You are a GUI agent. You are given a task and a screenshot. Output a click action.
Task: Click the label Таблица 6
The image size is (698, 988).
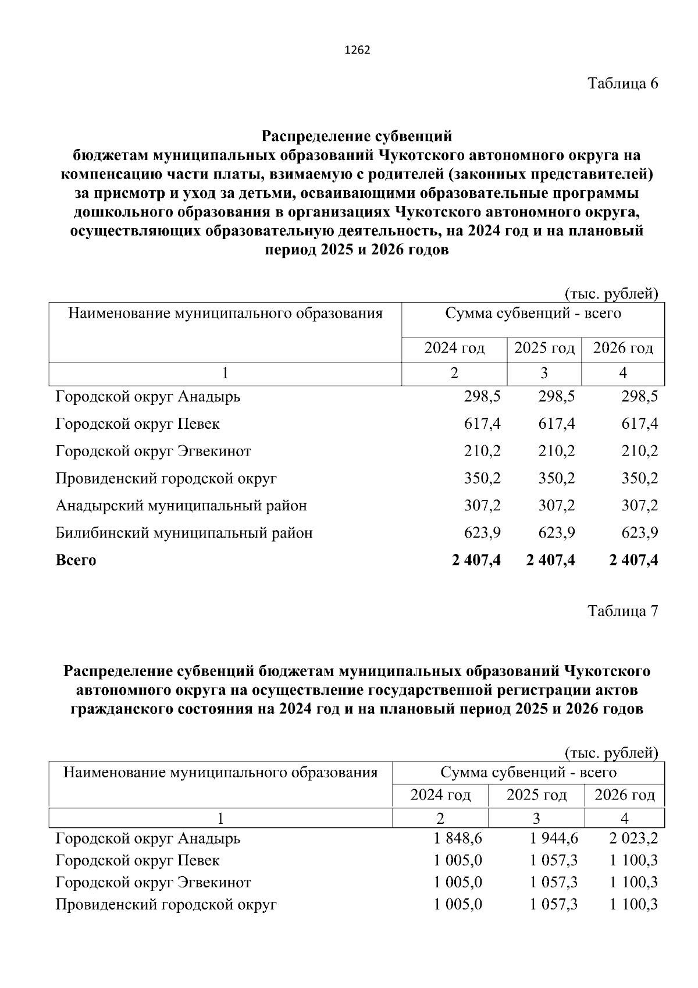[x=622, y=83]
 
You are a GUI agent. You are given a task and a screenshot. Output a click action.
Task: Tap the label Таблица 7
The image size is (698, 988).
[x=622, y=612]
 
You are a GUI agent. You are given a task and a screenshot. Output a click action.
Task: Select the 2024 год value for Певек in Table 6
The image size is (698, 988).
[x=482, y=424]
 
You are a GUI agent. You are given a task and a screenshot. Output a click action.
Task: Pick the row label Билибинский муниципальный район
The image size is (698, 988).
[x=184, y=533]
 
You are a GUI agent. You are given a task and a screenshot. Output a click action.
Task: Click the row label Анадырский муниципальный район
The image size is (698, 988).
[x=181, y=506]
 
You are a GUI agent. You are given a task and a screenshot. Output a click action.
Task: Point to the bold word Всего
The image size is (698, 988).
[x=76, y=560]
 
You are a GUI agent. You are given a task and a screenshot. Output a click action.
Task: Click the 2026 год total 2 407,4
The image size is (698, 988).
[x=633, y=560]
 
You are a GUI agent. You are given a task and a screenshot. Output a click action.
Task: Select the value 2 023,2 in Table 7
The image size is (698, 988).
[x=633, y=838]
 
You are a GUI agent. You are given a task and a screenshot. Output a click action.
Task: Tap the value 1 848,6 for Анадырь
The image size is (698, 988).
[x=458, y=838]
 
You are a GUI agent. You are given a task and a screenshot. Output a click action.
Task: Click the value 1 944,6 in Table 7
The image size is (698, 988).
[x=554, y=838]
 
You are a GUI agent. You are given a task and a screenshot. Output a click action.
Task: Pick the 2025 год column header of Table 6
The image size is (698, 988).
[x=544, y=349]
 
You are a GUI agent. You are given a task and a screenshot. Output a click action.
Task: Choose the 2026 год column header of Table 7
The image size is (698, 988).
[x=624, y=795]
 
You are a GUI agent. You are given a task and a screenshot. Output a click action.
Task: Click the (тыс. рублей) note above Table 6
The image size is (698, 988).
[x=611, y=294]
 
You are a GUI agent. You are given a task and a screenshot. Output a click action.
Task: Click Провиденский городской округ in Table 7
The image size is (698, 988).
[x=166, y=905]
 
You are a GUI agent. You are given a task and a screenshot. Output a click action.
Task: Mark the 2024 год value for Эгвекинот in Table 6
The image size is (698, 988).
[x=482, y=451]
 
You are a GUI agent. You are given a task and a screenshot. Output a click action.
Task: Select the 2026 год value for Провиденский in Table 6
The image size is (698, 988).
[x=639, y=478]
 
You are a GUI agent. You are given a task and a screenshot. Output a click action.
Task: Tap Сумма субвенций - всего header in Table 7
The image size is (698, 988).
[x=528, y=773]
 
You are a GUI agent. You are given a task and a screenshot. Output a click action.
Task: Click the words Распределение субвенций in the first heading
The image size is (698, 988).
[x=357, y=137]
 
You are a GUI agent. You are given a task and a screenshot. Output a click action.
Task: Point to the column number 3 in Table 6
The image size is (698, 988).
[x=544, y=374]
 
